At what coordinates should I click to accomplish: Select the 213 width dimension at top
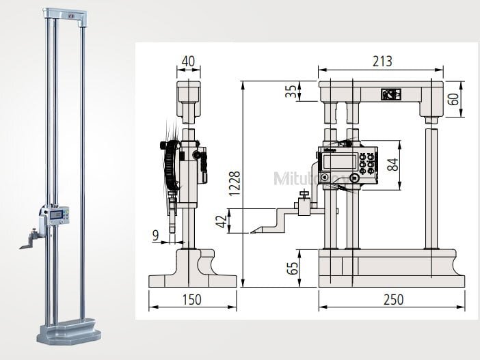click(x=382, y=61)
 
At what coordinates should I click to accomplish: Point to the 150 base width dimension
click(x=192, y=299)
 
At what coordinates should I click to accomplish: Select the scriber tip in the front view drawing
click(x=250, y=230)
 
